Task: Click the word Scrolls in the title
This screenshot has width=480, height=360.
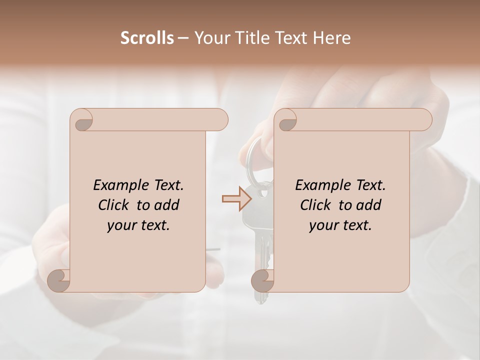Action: [x=147, y=38]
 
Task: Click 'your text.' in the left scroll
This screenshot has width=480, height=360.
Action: [x=138, y=225]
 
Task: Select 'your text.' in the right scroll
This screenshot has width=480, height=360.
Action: [x=340, y=225]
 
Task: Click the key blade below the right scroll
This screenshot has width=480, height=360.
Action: [x=260, y=297]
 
